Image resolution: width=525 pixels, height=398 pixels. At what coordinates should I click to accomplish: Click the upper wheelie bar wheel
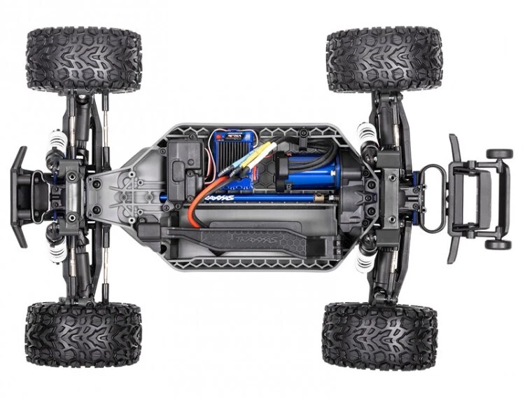pyautogui.click(x=499, y=153)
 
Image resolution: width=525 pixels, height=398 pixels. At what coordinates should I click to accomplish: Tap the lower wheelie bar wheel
pyautogui.click(x=498, y=245)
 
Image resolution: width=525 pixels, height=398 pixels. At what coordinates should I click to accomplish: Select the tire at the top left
pyautogui.click(x=83, y=59)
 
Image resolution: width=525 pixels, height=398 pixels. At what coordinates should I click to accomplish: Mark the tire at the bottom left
pyautogui.click(x=83, y=335)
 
